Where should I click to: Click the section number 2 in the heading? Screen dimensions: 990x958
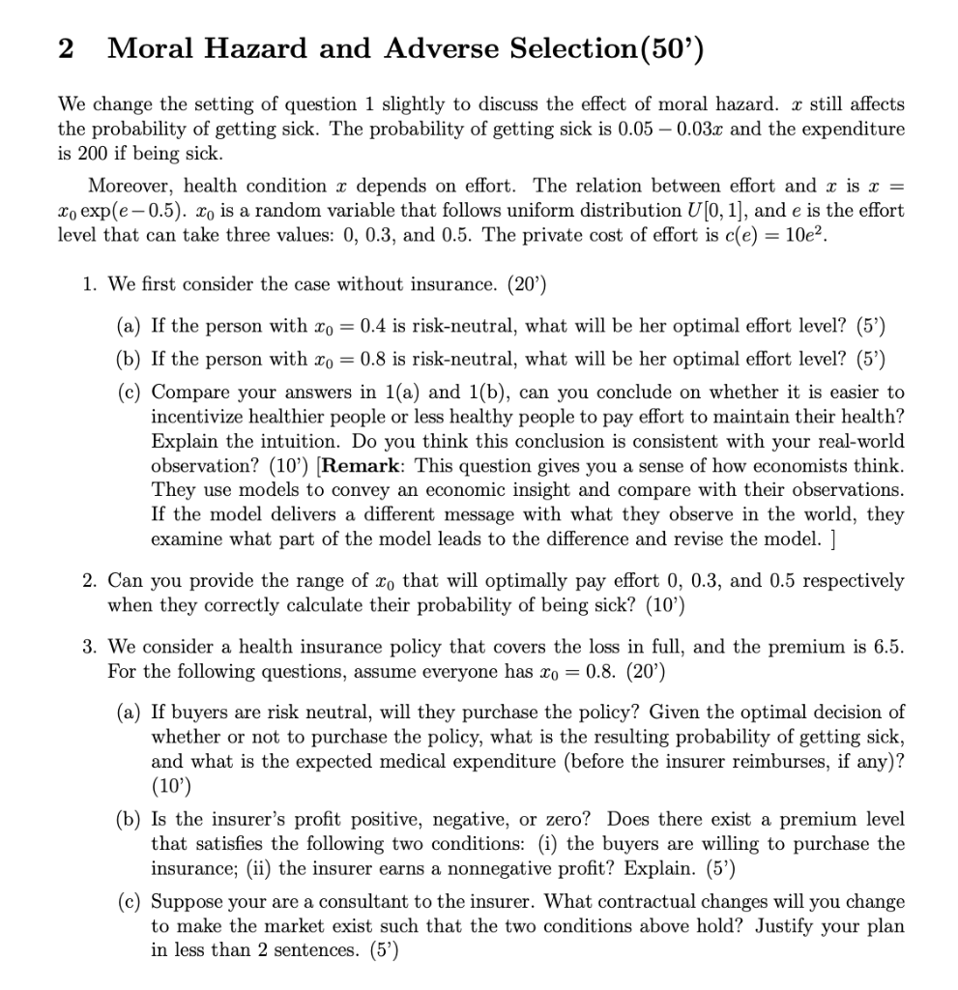(x=66, y=49)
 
